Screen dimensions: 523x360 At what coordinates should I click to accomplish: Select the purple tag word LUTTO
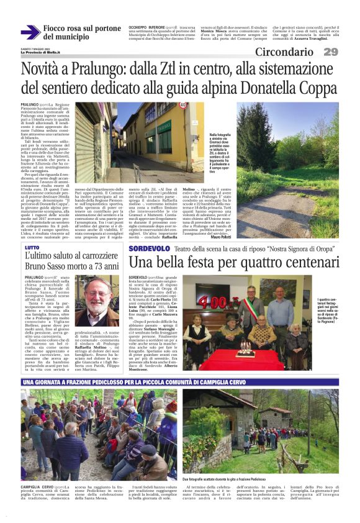coord(30,247)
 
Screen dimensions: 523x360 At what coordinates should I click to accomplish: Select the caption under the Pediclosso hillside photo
coord(230,478)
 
